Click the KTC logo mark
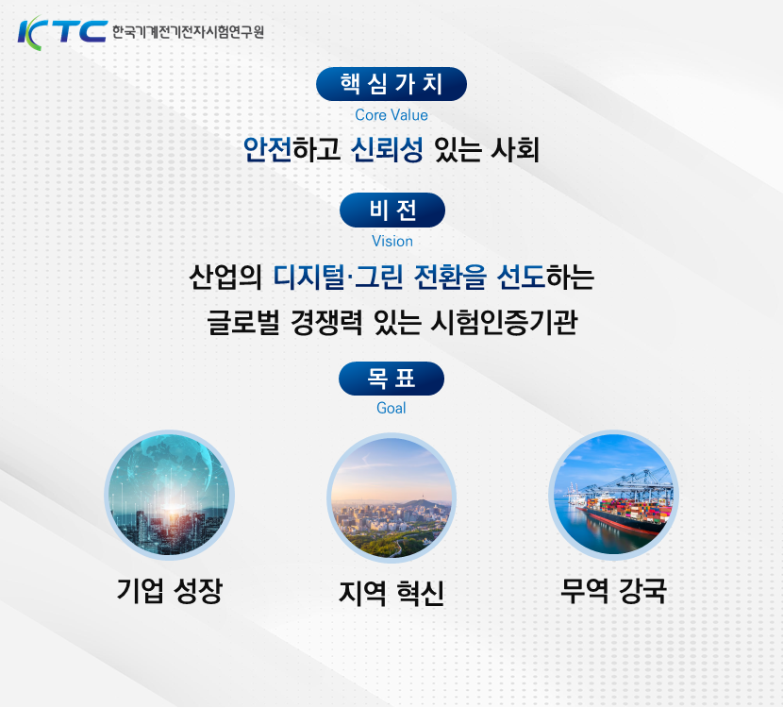(62, 30)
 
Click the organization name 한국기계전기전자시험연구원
(188, 31)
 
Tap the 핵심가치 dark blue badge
(391, 84)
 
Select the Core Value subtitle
(391, 115)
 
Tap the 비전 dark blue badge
(391, 210)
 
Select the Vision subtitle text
(391, 241)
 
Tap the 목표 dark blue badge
(391, 379)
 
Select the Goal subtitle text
(391, 408)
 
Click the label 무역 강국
(613, 591)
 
